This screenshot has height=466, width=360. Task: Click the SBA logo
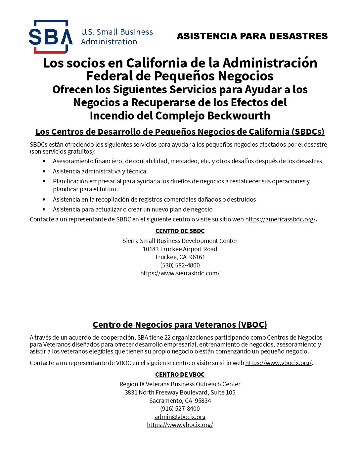pos(51,37)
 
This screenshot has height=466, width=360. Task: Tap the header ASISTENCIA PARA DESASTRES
pos(252,36)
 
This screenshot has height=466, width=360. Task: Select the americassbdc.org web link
pos(280,219)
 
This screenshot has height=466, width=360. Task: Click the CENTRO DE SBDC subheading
pos(180,231)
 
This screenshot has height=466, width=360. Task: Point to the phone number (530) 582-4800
pos(180,265)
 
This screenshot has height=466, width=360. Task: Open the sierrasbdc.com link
pos(180,273)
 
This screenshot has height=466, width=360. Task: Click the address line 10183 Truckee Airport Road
pos(180,249)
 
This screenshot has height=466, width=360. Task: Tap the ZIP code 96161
pos(197,257)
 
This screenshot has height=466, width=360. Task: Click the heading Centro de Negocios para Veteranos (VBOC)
pos(180,325)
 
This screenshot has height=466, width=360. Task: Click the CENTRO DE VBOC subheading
pos(180,375)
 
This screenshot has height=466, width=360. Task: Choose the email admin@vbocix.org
pos(180,417)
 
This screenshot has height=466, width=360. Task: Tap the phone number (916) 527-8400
pos(180,409)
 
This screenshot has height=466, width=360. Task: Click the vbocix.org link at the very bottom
pos(180,425)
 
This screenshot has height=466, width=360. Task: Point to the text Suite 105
pos(223,393)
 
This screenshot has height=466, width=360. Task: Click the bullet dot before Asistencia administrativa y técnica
pos(44,171)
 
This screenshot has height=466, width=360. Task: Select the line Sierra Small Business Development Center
pos(180,241)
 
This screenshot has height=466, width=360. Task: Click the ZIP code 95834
pos(203,401)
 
